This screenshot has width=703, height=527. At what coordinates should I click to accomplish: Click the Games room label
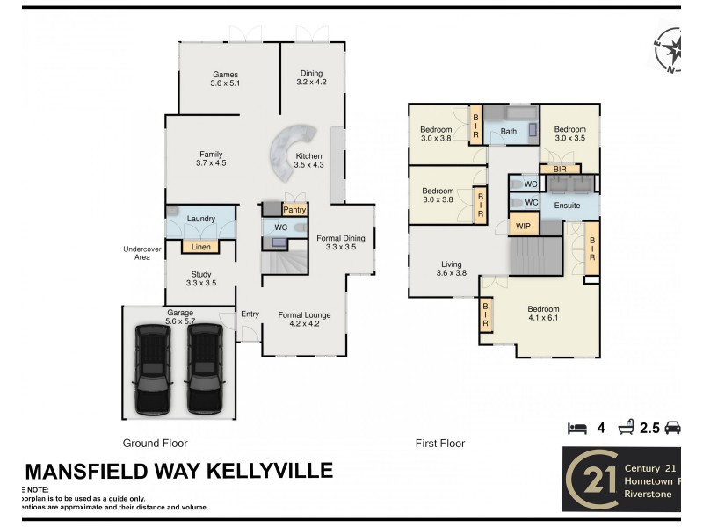pyautogui.click(x=225, y=75)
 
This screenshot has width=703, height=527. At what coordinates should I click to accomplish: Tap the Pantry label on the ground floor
pyautogui.click(x=294, y=211)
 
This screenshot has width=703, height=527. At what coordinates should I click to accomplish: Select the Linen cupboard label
pyautogui.click(x=200, y=247)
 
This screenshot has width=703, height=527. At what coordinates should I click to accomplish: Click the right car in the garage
pyautogui.click(x=204, y=368)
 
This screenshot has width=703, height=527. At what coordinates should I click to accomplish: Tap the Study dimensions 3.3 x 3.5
pyautogui.click(x=201, y=283)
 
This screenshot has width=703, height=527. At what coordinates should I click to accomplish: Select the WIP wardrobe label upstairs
pyautogui.click(x=523, y=226)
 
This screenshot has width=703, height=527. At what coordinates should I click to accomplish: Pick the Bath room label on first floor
pyautogui.click(x=508, y=132)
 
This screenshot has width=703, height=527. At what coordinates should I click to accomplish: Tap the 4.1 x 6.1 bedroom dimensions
pyautogui.click(x=542, y=318)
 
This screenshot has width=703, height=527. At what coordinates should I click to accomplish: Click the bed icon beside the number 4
pyautogui.click(x=576, y=428)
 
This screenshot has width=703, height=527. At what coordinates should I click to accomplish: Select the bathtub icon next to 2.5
pyautogui.click(x=627, y=428)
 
